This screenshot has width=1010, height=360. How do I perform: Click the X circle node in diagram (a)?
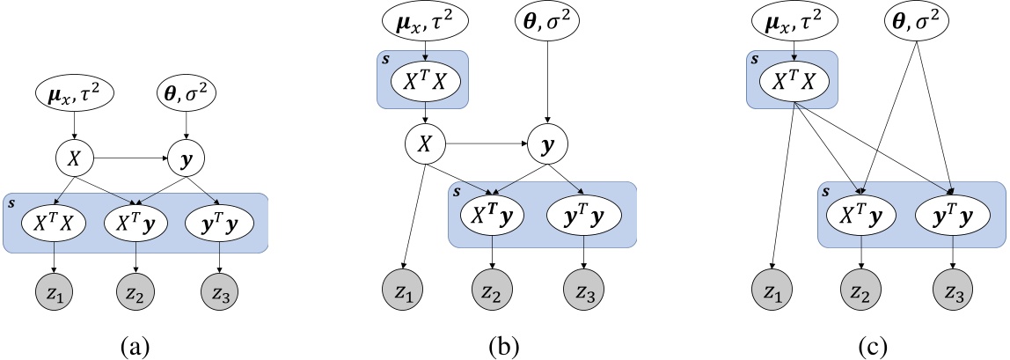(75, 159)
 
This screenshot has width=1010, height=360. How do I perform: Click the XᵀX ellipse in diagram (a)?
(55, 224)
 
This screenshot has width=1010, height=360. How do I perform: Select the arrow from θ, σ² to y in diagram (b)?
(549, 79)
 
